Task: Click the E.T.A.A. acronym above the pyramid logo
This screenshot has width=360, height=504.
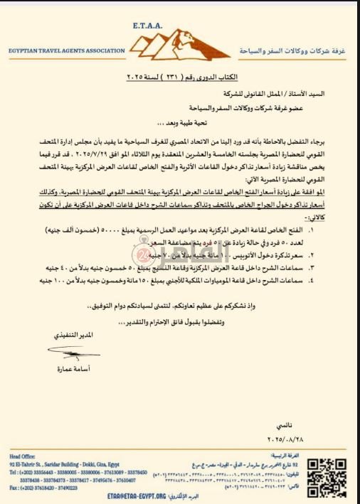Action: click(148, 26)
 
